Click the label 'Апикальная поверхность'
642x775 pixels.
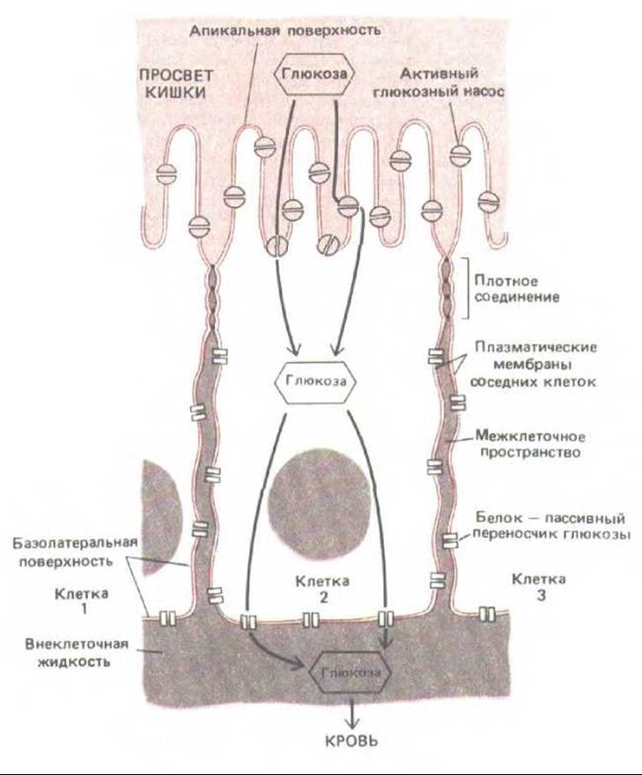click(284, 30)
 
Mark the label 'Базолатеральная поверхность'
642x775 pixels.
click(71, 554)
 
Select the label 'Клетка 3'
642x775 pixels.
click(537, 588)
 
